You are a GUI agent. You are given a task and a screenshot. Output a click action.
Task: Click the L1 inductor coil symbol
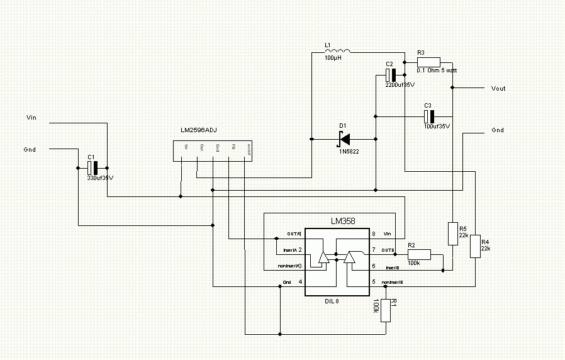coord(338,51)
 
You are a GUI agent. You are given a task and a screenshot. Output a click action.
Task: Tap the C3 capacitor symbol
coord(428,116)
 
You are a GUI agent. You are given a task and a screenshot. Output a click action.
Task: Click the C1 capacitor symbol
coord(92,168)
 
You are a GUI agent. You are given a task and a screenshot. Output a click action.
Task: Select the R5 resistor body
coord(452,233)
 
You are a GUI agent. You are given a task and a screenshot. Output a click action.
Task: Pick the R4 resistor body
coord(475,247)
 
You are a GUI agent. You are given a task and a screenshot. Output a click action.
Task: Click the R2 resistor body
coord(419,254)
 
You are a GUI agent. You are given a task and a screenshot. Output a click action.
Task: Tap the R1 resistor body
coord(386,307)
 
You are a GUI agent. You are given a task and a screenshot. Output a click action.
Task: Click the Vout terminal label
coord(498,89)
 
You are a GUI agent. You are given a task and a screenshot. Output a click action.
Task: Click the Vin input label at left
coord(32,117)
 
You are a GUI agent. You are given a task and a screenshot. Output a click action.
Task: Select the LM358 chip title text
coord(344,222)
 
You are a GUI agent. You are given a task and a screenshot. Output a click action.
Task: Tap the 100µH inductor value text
coord(334,58)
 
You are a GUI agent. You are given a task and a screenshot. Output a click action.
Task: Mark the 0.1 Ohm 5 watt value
coord(437,70)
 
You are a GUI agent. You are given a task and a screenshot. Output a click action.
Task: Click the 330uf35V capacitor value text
coord(101,177)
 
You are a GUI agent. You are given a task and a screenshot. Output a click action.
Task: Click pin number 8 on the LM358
coord(374,233)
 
